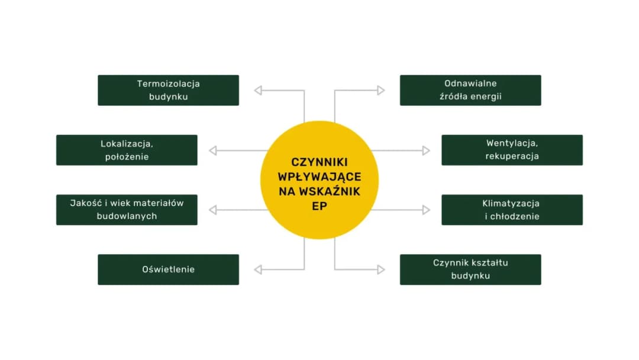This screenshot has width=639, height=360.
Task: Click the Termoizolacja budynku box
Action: (168, 90)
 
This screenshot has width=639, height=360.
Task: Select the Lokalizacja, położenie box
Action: (127, 150)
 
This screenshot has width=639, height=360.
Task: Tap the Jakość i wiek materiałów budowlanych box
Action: (127, 210)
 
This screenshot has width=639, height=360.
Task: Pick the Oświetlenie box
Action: (168, 269)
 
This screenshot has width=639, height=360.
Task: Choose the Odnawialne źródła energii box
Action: (470, 90)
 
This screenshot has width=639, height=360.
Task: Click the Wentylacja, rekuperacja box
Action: (512, 150)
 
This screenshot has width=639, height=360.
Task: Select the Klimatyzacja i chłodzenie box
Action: (512, 210)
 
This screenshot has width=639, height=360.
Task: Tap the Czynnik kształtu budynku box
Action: (470, 269)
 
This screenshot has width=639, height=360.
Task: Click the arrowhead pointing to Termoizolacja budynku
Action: (258, 91)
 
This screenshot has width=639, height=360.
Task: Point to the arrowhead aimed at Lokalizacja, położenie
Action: (213, 150)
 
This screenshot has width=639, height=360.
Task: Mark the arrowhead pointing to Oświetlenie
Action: (258, 270)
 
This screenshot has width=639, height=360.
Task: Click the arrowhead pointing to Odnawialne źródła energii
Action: (381, 91)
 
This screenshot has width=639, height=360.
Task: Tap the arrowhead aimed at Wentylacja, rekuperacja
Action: (426, 150)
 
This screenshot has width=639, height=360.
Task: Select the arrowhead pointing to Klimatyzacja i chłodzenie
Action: (426, 210)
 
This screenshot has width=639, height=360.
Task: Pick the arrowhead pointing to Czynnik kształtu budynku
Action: (381, 270)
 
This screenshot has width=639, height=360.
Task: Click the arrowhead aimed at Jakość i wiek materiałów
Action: (213, 210)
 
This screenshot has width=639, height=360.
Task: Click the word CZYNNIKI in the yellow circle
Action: (319, 162)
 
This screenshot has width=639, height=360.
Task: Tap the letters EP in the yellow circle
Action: (319, 206)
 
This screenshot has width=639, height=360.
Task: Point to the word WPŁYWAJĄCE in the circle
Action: (319, 176)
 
